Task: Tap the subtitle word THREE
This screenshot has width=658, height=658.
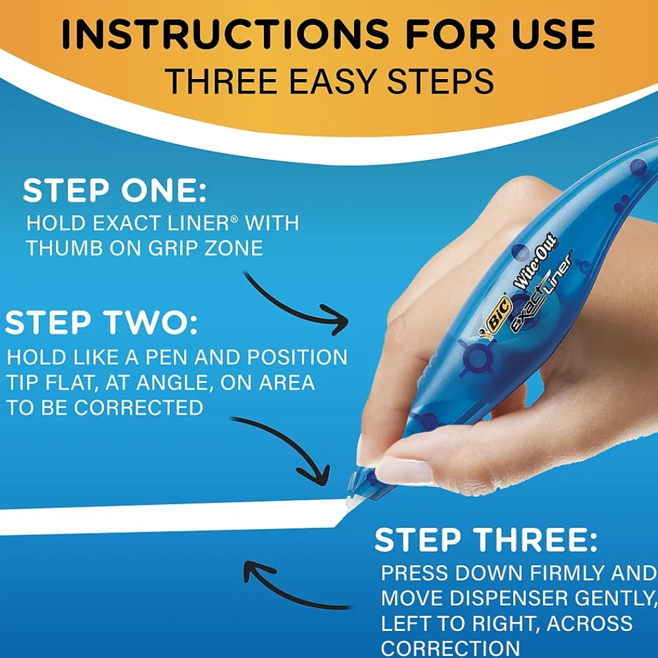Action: coord(222,82)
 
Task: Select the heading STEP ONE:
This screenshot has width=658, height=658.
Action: coord(114,191)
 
